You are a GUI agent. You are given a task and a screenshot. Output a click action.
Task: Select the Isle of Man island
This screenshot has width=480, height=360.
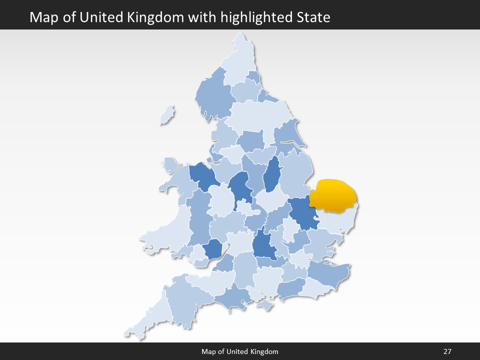[x=167, y=115]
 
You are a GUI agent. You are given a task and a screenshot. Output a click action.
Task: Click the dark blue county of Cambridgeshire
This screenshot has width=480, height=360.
[x=303, y=212]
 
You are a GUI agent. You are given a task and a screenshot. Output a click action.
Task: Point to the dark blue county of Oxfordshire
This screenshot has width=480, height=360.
[x=263, y=245]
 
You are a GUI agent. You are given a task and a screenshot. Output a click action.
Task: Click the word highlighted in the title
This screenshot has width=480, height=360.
[x=263, y=17]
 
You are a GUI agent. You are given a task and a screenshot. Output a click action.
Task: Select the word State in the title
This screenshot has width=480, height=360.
[x=312, y=17]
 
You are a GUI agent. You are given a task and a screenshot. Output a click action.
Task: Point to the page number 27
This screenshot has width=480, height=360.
[x=447, y=351]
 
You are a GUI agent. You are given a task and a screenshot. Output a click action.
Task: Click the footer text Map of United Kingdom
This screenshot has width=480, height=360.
[x=240, y=351]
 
